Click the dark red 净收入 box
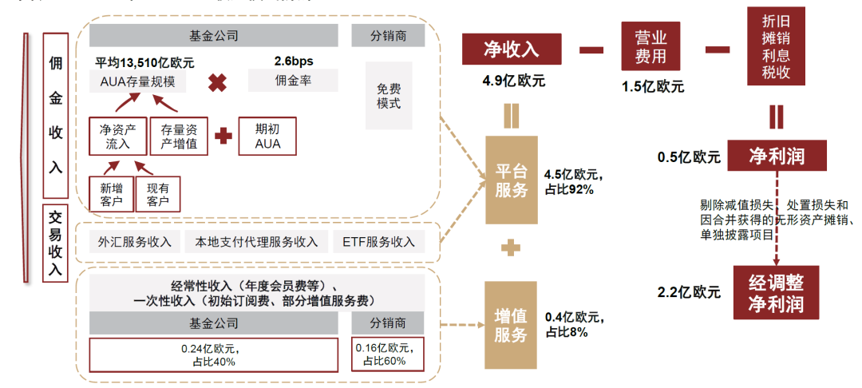511,50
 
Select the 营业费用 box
650,47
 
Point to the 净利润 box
776,156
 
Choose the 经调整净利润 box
776,293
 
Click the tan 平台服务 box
512,180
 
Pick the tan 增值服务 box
512,324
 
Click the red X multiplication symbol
217,83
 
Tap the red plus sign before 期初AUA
223,137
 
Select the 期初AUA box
267,137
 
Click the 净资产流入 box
117,137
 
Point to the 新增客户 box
112,194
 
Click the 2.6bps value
293,61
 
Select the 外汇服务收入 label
129,242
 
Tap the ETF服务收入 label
379,242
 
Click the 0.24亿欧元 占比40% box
215,355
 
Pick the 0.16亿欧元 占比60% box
388,355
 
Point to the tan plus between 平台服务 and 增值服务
511,249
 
